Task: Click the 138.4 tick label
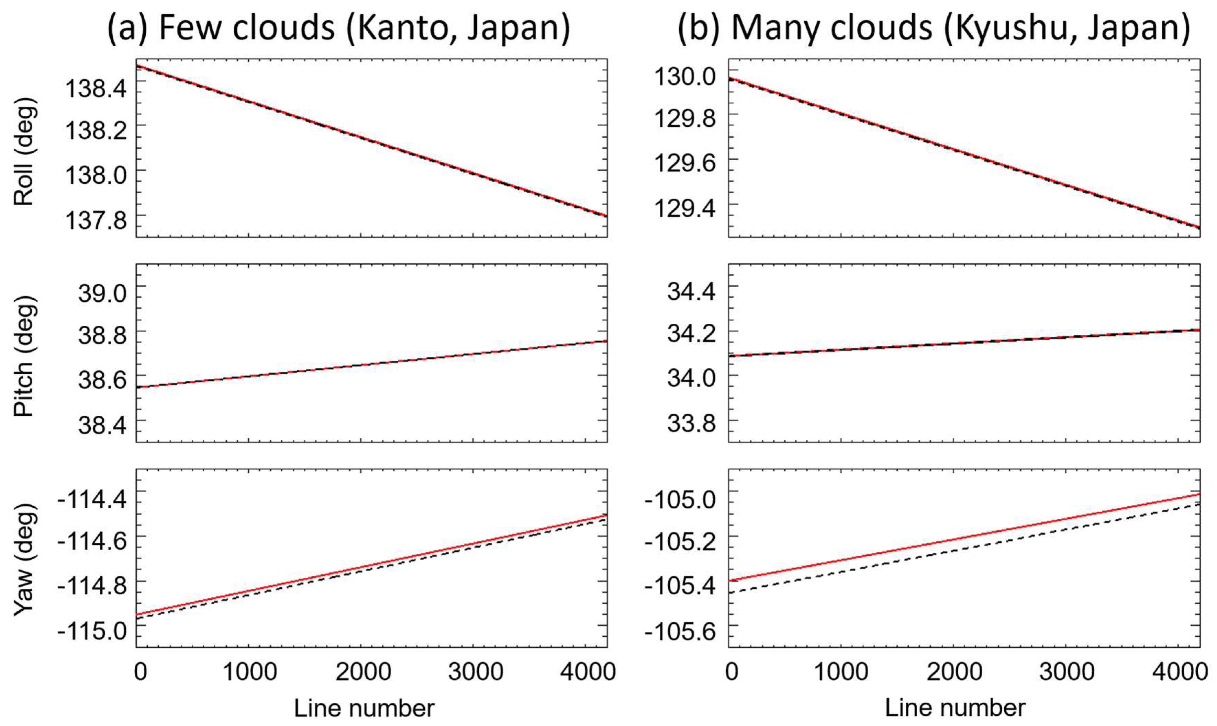(x=96, y=89)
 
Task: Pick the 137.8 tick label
(x=96, y=221)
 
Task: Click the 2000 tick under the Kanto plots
(x=363, y=672)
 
